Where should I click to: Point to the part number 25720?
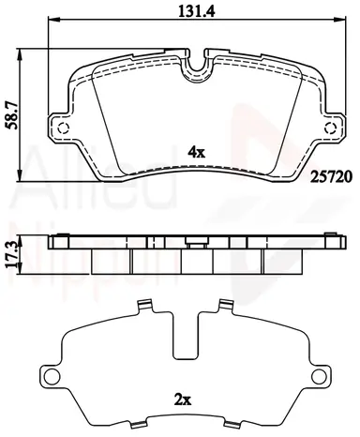331,177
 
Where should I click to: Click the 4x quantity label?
196,152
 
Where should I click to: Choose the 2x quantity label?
183,399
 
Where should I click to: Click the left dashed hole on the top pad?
64,128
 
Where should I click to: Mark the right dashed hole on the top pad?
330,128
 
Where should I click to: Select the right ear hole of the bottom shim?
318,376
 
